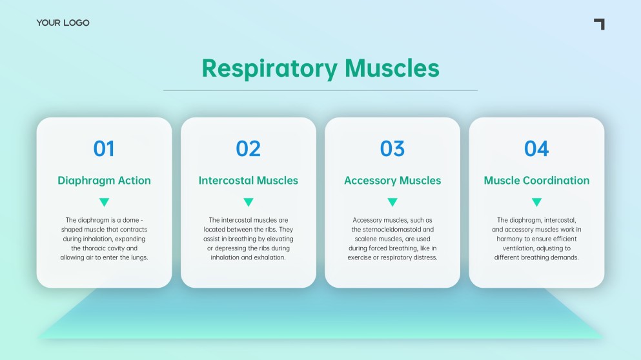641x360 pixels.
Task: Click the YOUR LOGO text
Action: (63, 23)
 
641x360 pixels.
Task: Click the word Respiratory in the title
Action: (270, 68)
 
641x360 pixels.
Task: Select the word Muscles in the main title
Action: (392, 68)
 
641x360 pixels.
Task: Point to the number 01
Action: (104, 148)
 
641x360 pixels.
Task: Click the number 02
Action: (248, 148)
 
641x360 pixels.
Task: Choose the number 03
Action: (392, 148)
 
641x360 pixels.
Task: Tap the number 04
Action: (536, 148)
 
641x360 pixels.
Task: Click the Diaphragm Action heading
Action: (104, 181)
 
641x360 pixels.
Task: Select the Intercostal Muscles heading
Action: (248, 180)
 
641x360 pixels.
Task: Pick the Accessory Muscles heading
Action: (392, 181)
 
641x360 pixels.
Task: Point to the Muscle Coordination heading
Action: (536, 180)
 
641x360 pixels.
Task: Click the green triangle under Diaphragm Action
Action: (104, 201)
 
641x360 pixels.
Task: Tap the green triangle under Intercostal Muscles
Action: (249, 201)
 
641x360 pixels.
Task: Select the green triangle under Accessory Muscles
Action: (392, 201)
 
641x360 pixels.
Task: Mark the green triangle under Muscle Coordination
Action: (537, 201)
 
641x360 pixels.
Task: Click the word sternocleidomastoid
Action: (392, 230)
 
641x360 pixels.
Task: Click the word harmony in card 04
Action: (509, 239)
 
